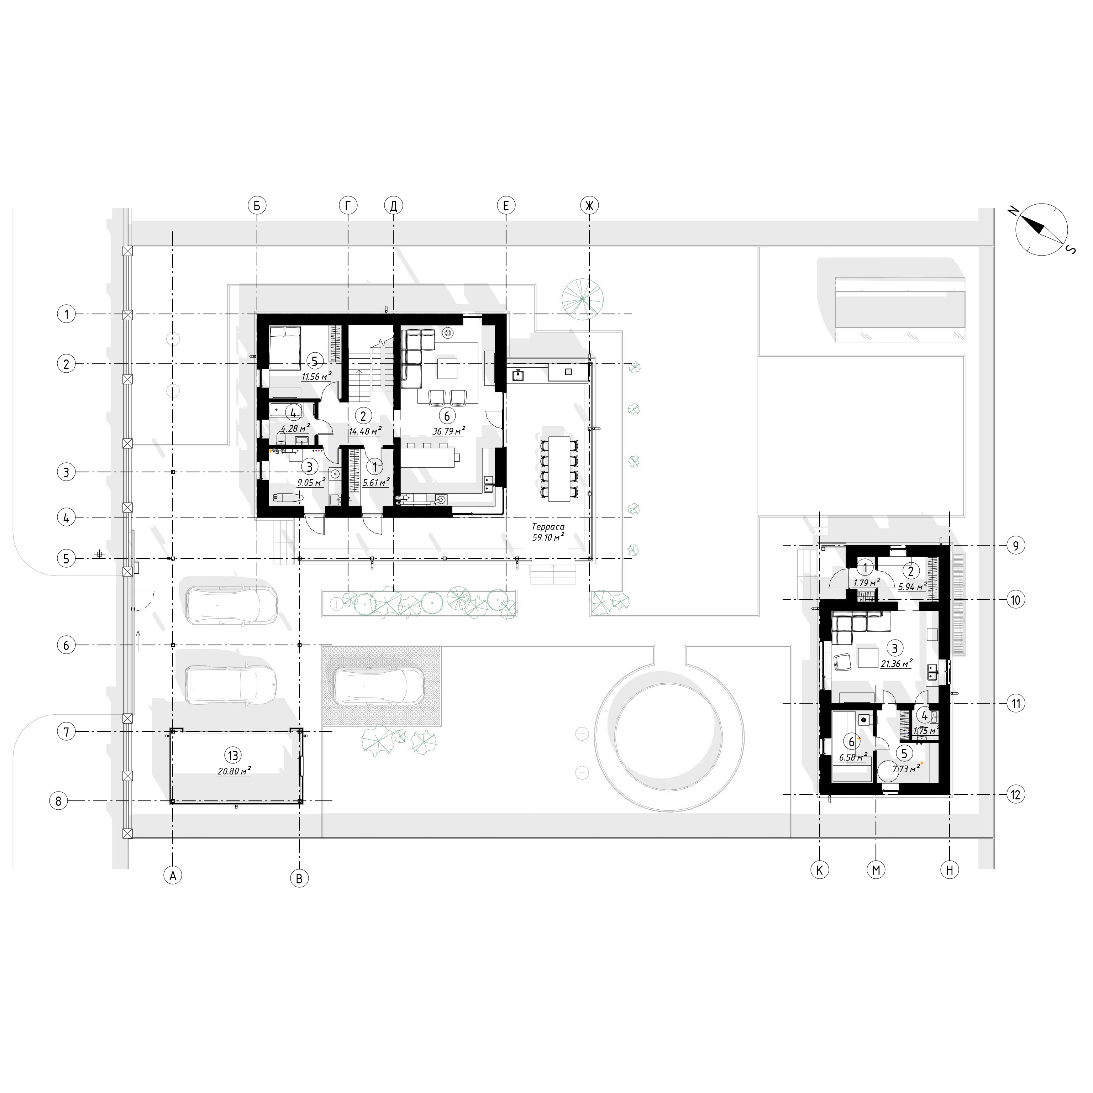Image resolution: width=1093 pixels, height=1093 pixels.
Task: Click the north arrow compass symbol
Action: click(1041, 229)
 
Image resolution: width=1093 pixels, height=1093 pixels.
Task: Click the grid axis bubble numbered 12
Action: click(1015, 795)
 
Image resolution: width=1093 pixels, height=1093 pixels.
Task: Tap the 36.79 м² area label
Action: click(448, 431)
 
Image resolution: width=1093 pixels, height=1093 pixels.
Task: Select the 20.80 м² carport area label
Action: click(233, 771)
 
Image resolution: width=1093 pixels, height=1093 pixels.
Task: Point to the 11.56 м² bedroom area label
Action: click(316, 376)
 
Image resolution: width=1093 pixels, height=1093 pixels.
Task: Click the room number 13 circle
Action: click(232, 755)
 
